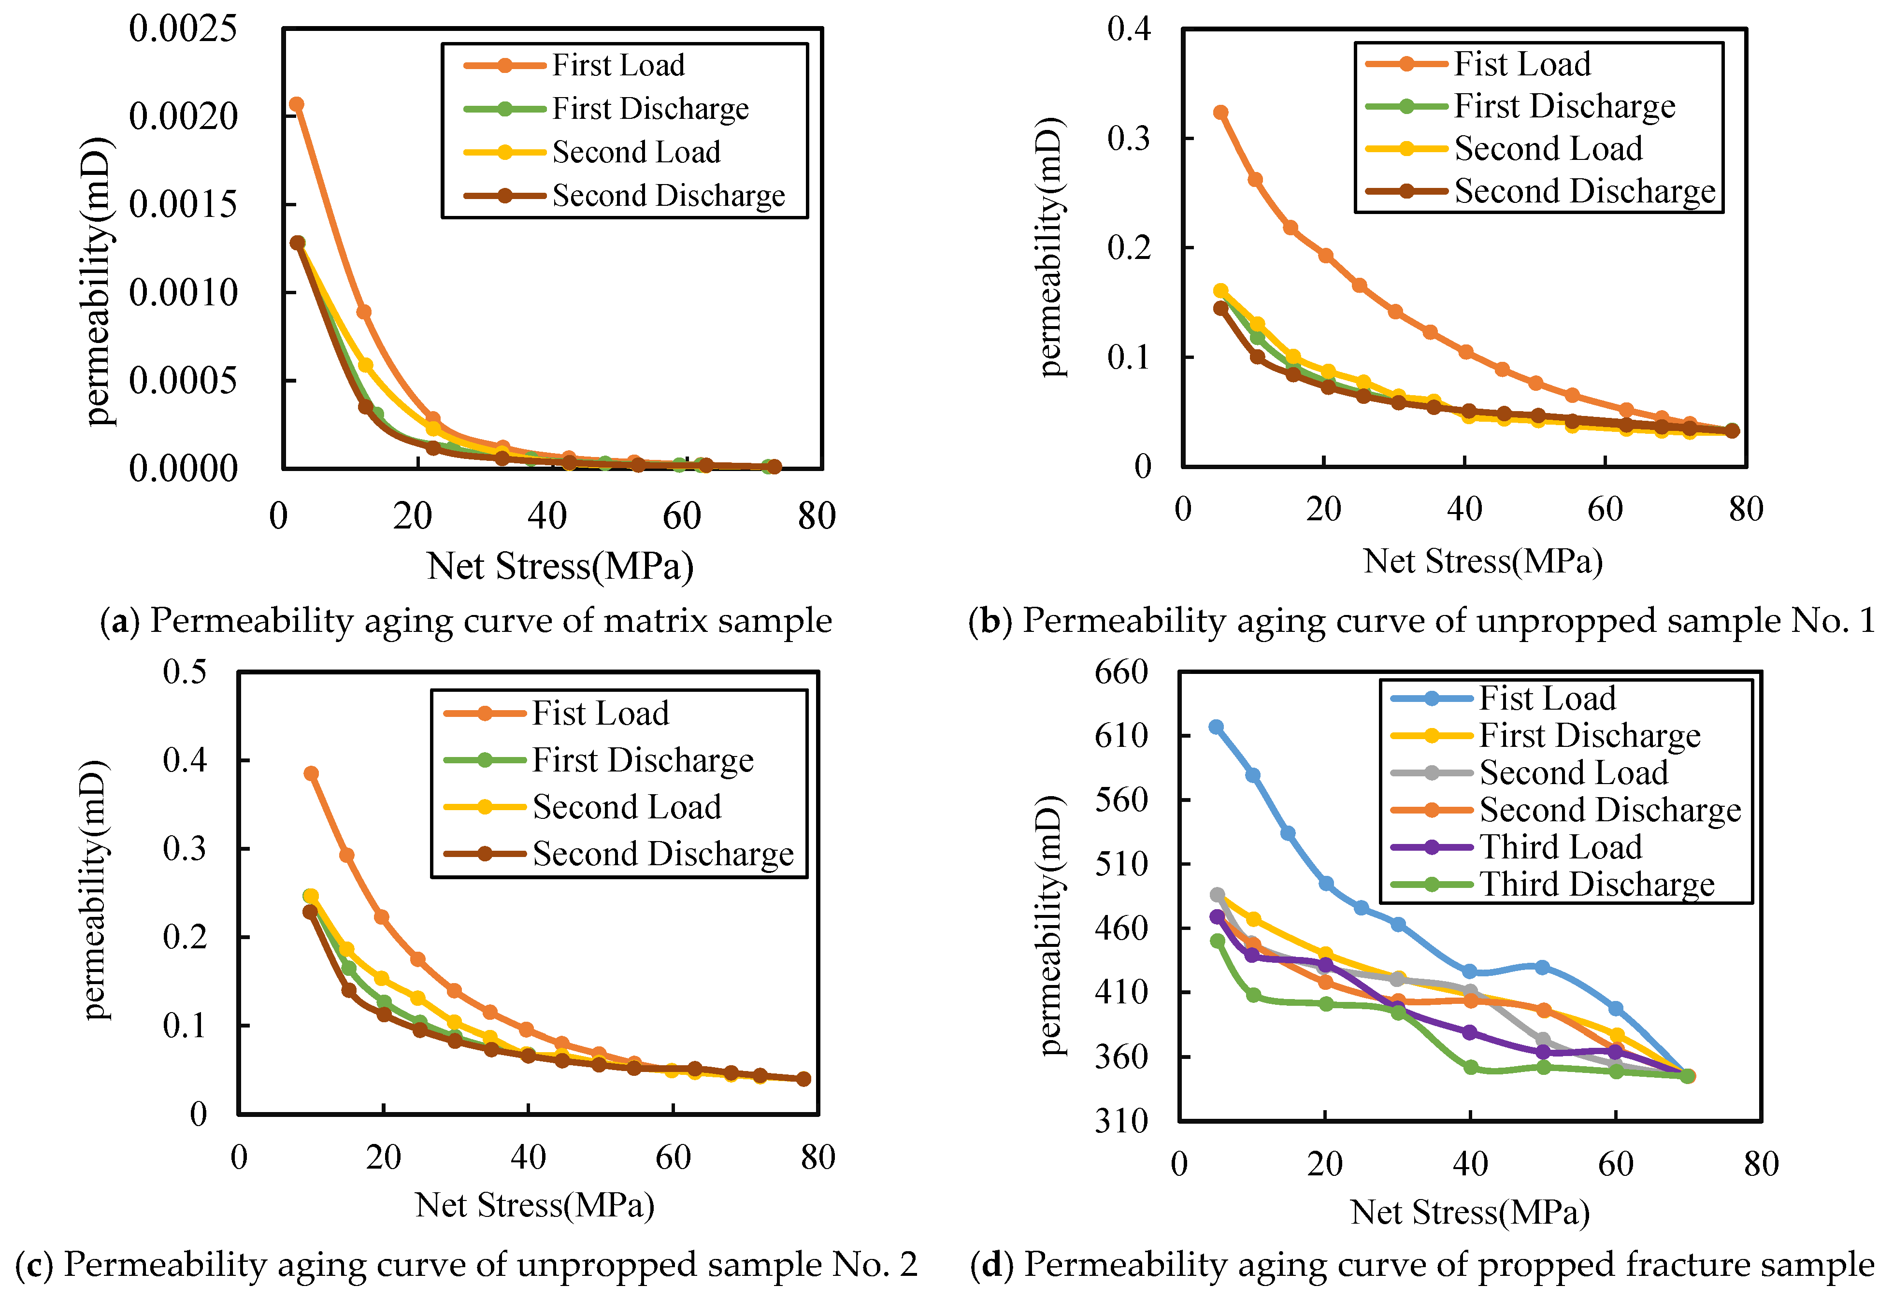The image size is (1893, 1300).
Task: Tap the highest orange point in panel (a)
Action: (297, 104)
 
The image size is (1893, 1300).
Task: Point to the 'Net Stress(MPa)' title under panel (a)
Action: (560, 566)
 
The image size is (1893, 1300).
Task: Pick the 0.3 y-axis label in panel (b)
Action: (1129, 139)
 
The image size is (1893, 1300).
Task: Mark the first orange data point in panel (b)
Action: (1220, 113)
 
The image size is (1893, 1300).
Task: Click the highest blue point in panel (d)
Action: (1216, 727)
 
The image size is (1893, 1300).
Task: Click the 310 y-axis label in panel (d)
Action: (1121, 1122)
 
